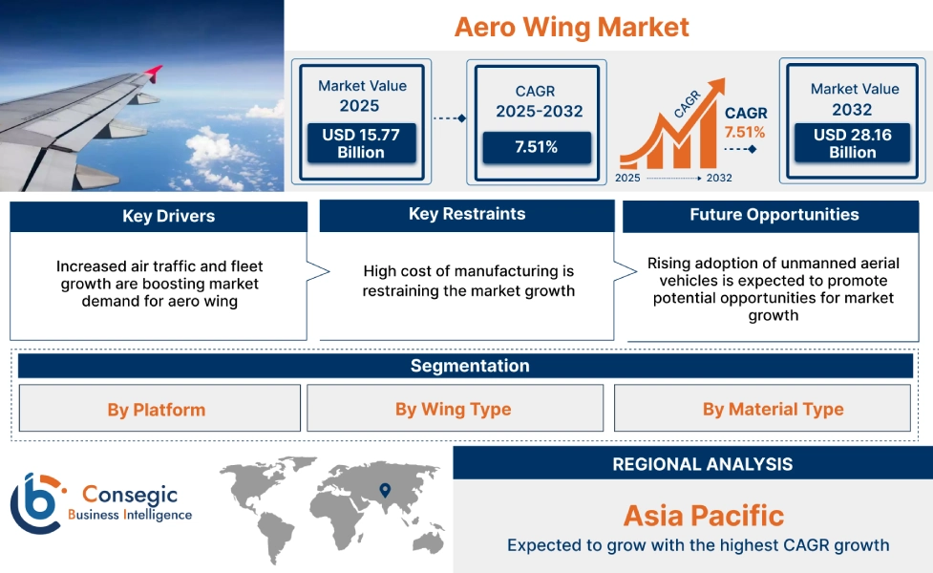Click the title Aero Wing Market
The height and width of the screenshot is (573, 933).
tap(571, 27)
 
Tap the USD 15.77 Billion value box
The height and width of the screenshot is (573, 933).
tap(360, 143)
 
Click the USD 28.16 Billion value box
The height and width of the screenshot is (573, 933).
tap(852, 143)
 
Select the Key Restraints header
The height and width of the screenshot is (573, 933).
tap(466, 214)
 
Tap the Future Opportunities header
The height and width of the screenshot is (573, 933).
tap(774, 215)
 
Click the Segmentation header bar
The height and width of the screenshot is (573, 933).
tap(469, 366)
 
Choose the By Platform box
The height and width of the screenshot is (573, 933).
tap(157, 409)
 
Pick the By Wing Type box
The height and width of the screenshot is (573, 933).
tap(454, 409)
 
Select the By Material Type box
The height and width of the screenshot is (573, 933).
tap(773, 409)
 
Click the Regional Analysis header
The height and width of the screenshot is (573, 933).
tap(702, 464)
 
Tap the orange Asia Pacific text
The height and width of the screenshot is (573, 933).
tap(703, 516)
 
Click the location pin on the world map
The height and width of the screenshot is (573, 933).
tap(385, 490)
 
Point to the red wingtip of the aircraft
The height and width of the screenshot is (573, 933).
tap(153, 72)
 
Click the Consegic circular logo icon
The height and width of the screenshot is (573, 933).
tap(35, 503)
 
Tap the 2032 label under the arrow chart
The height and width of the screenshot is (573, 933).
tap(719, 178)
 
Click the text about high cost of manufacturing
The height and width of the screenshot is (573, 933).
tap(468, 281)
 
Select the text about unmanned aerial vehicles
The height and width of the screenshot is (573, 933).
tap(773, 289)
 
